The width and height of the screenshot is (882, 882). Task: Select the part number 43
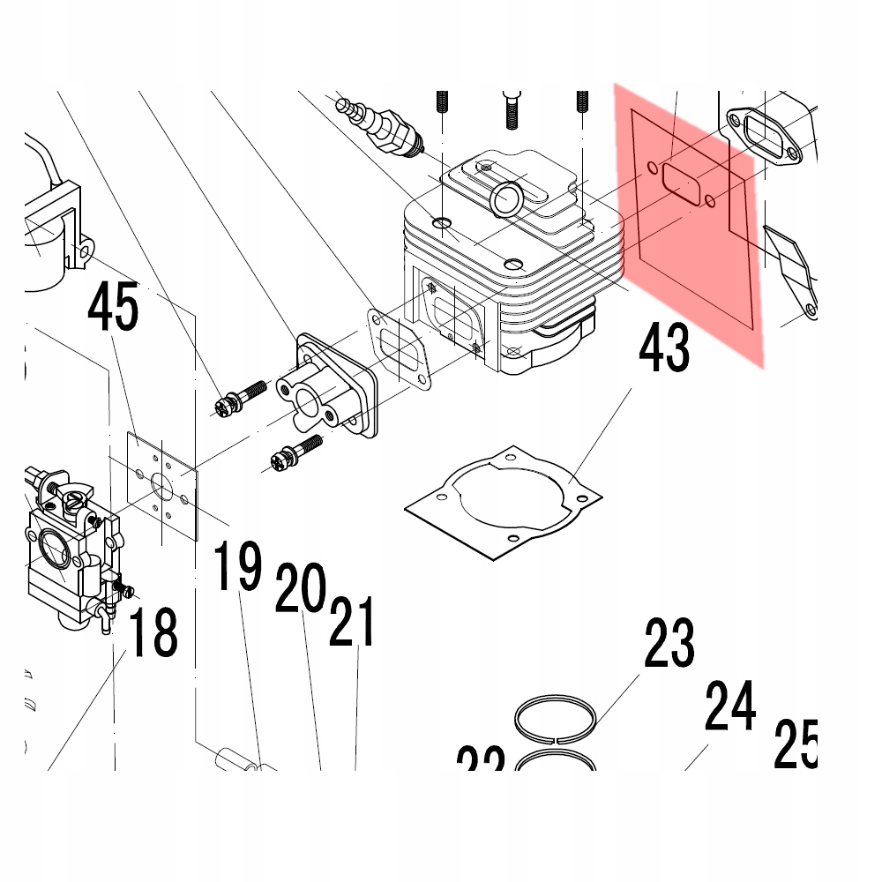click(x=664, y=348)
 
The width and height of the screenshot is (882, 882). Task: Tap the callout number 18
click(x=153, y=632)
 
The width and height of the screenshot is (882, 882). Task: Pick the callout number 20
click(x=301, y=588)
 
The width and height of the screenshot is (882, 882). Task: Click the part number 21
click(x=353, y=622)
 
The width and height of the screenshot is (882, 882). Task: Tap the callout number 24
click(x=730, y=706)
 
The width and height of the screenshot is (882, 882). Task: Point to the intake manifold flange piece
click(x=326, y=388)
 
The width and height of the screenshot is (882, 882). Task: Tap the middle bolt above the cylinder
click(x=510, y=110)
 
